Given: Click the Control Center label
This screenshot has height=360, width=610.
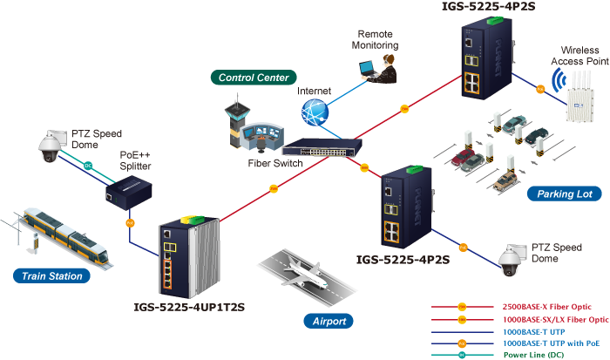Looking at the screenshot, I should coord(254,78).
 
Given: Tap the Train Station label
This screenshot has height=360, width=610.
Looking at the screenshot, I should coord(53,276).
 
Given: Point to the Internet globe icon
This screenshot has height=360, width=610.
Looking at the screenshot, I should coord(315,112).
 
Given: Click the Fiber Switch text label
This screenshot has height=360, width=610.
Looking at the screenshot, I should coord(276,163).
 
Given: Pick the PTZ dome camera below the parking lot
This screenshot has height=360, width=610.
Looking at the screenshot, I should coord(508,259).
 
